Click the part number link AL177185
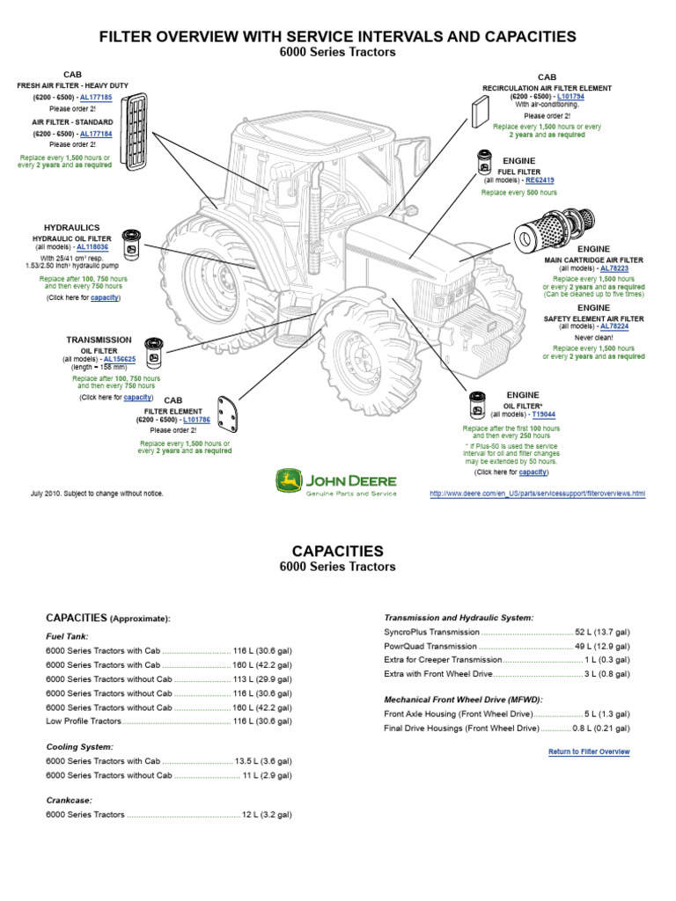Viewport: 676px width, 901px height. (95, 97)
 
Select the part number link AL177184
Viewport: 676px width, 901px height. (95, 133)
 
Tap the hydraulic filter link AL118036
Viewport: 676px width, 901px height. (92, 248)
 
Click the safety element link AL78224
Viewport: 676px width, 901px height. (614, 326)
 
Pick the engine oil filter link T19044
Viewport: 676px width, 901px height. (543, 414)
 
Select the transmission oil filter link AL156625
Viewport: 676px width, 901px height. (119, 360)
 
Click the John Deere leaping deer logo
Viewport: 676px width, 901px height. (287, 480)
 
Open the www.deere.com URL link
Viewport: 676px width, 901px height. (537, 494)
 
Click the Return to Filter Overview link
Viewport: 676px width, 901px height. (589, 751)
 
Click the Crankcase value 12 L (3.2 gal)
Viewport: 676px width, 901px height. (267, 815)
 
